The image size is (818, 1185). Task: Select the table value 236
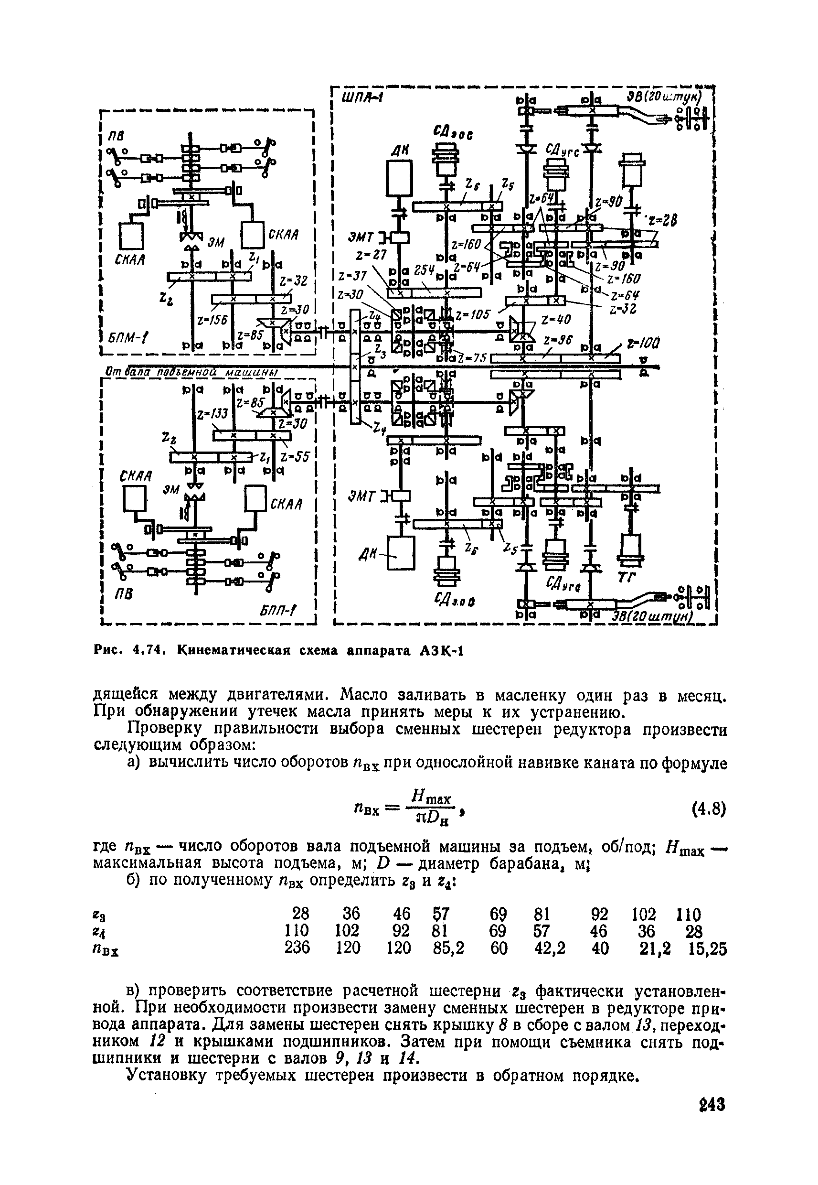[297, 948]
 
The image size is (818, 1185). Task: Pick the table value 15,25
[707, 948]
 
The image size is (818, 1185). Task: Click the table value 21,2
[655, 948]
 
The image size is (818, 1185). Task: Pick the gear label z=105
[473, 314]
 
